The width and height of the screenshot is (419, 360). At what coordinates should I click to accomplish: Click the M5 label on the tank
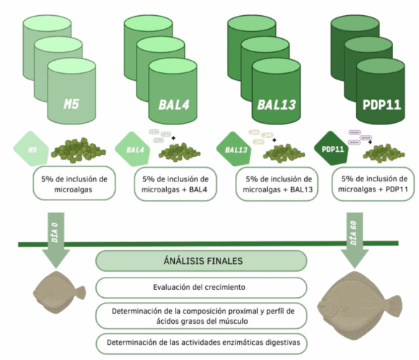click(x=71, y=104)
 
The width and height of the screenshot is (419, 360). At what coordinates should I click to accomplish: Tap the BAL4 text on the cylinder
click(x=173, y=105)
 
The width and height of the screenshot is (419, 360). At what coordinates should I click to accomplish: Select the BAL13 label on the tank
click(x=276, y=105)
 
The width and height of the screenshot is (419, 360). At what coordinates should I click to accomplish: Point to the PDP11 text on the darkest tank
click(x=381, y=105)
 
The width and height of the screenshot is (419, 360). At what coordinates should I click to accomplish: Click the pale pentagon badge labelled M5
click(x=31, y=149)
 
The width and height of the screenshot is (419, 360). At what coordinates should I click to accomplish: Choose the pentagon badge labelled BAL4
click(x=133, y=149)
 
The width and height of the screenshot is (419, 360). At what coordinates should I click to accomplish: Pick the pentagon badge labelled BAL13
click(x=234, y=149)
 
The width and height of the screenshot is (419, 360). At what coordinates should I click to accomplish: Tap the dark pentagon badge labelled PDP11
click(x=332, y=148)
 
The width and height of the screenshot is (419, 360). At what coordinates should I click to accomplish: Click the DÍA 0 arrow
click(x=56, y=240)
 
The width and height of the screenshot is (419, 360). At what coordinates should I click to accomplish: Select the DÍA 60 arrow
click(x=355, y=240)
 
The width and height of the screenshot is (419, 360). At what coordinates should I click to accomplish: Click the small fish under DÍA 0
click(x=59, y=292)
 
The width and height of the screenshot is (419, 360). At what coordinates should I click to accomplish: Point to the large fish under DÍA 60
click(x=360, y=306)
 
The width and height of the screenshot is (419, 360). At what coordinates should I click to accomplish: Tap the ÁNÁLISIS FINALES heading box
click(x=202, y=261)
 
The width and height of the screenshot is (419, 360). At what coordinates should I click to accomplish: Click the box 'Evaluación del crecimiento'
click(x=202, y=288)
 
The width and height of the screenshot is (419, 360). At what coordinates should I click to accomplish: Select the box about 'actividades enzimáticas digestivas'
click(x=202, y=343)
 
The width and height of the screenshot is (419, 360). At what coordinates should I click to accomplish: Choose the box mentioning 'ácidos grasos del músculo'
click(x=202, y=316)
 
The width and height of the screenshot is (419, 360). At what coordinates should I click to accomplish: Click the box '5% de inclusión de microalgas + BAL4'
click(x=176, y=184)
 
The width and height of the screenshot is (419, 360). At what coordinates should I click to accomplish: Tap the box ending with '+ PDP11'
click(x=373, y=184)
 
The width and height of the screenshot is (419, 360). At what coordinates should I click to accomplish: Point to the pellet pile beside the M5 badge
click(x=79, y=150)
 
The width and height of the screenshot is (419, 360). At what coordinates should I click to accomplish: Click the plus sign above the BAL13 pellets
click(x=275, y=140)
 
